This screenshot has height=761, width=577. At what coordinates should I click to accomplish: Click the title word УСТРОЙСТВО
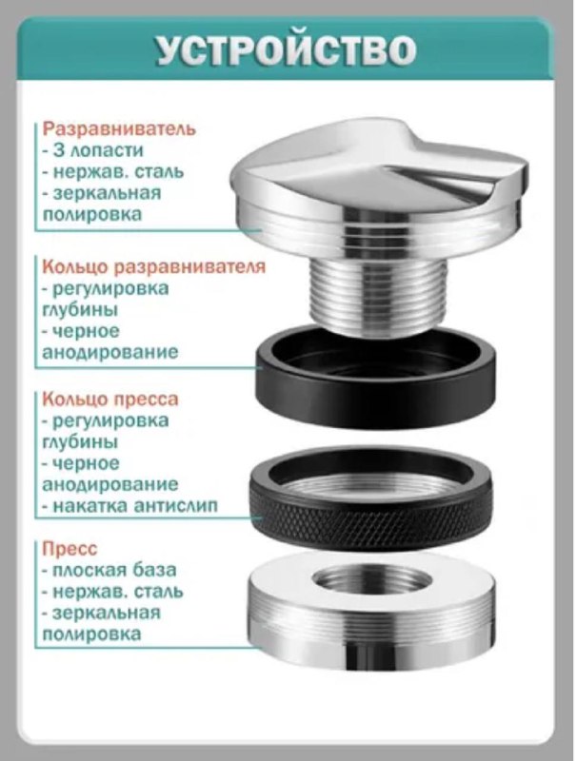288,50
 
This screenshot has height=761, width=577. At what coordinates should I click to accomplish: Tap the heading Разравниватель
118,128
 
